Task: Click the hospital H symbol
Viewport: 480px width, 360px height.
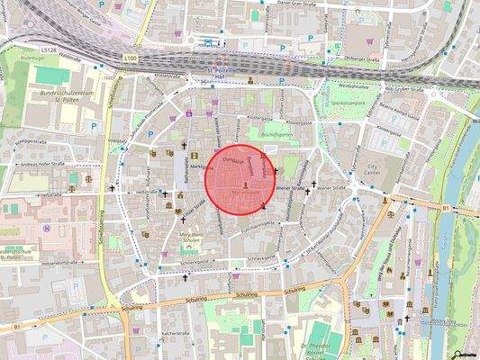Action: tap(45, 228)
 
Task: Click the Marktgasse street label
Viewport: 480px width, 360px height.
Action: tap(200, 167)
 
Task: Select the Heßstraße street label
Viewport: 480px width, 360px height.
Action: tap(50, 193)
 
